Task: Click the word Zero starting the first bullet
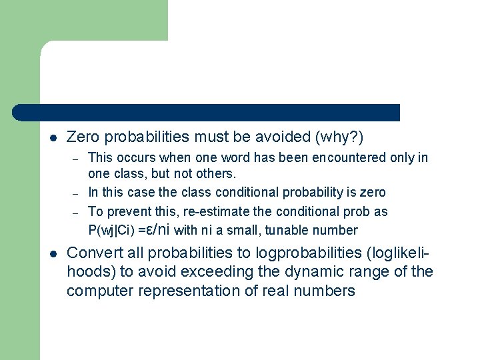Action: point(83,137)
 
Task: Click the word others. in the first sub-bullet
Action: point(217,174)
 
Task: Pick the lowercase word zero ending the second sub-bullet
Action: point(371,193)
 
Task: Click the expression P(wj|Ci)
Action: point(111,231)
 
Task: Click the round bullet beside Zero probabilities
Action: point(53,138)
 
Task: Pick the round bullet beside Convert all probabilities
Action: point(53,253)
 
